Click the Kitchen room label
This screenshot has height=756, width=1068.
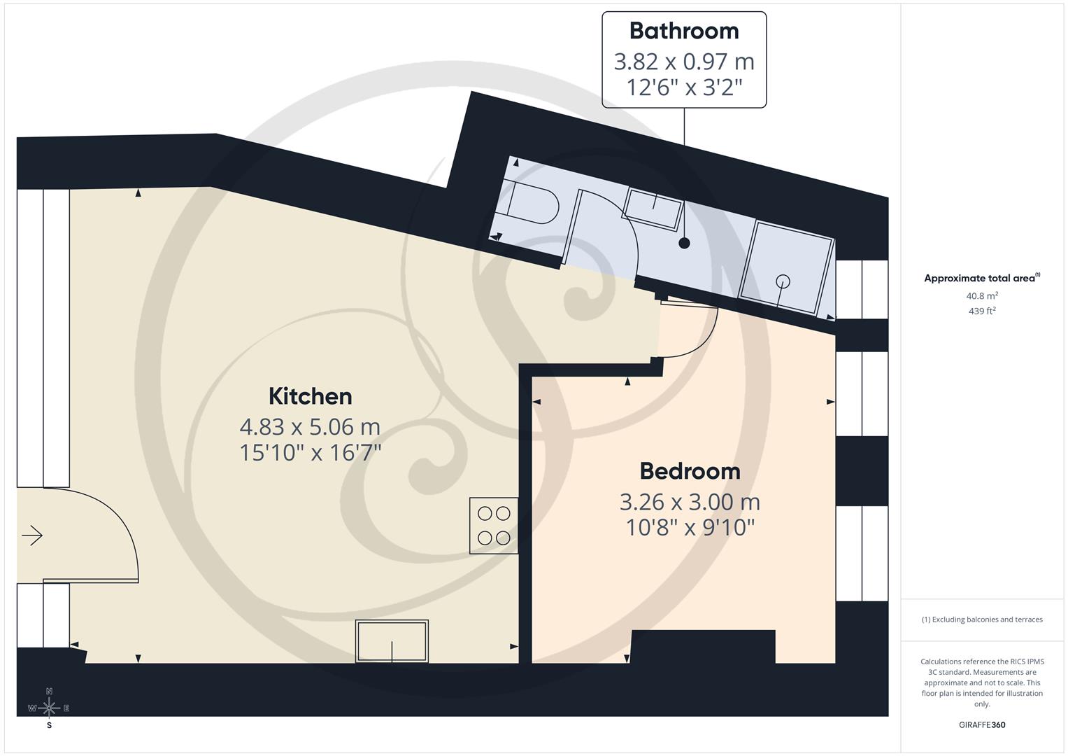310,396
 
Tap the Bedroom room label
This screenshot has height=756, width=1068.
690,471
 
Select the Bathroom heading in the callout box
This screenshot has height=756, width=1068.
683,31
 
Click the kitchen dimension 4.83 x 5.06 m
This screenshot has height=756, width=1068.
310,426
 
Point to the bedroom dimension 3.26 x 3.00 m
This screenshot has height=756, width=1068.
690,502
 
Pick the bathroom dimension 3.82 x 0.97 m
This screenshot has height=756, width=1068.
683,62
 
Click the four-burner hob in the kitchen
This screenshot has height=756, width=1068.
494,526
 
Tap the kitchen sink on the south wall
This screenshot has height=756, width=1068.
392,641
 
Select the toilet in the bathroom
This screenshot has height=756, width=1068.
532,204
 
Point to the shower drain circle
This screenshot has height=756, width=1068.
783,281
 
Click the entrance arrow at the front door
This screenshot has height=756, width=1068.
32,536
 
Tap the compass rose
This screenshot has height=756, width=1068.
49,708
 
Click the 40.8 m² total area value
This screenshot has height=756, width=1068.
982,296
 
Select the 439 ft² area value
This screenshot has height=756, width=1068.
982,311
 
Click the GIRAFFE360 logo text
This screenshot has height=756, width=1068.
982,725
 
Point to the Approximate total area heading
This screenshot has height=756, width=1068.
981,278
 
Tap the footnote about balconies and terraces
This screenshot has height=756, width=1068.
982,619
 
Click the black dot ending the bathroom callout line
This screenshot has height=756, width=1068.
684,243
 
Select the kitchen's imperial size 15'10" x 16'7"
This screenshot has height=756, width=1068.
310,453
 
